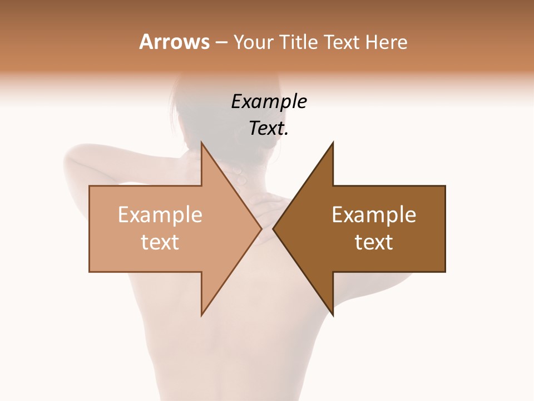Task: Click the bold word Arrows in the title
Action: pyautogui.click(x=175, y=42)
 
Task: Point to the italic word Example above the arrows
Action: pyautogui.click(x=269, y=102)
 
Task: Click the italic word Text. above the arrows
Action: pyautogui.click(x=269, y=129)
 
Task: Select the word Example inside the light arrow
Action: pyautogui.click(x=160, y=215)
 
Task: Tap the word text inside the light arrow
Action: pyautogui.click(x=160, y=242)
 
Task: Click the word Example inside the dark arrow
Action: pyautogui.click(x=374, y=215)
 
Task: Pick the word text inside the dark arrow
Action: pyautogui.click(x=374, y=242)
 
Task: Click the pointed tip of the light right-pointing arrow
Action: pyautogui.click(x=261, y=228)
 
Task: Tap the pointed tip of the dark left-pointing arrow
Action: pyautogui.click(x=274, y=228)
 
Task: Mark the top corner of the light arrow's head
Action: pyautogui.click(x=201, y=143)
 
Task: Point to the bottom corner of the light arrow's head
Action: pyautogui.click(x=201, y=315)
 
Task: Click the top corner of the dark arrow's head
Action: pyautogui.click(x=333, y=143)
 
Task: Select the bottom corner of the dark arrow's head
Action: pyautogui.click(x=333, y=315)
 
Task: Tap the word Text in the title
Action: pyautogui.click(x=340, y=42)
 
